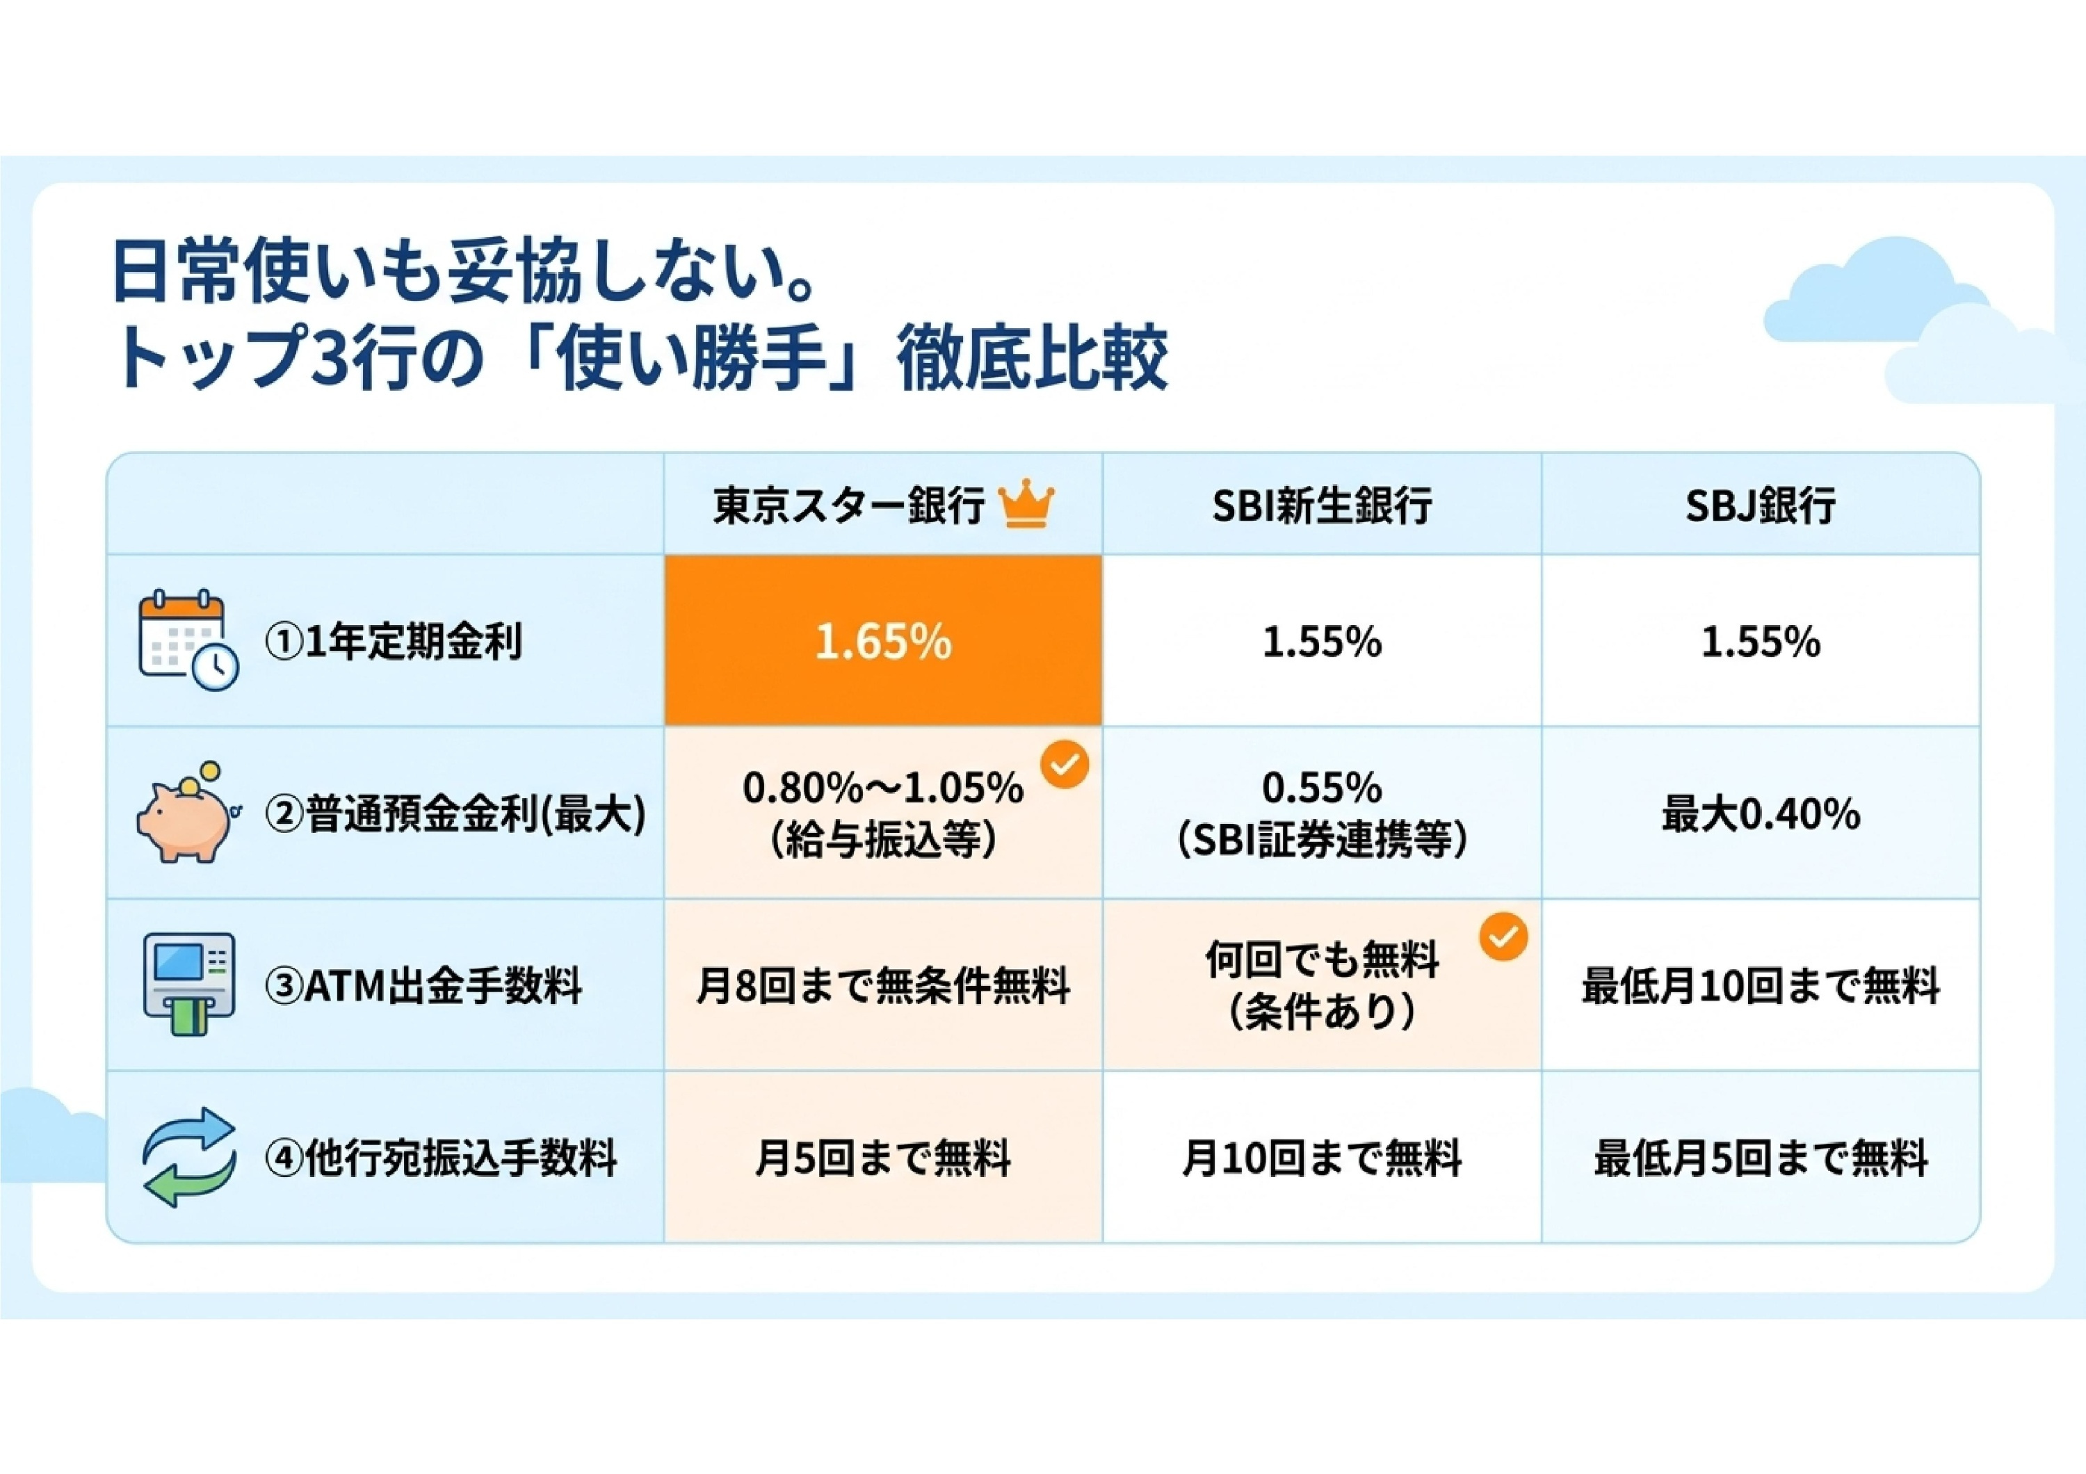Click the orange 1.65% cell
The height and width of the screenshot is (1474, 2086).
(883, 640)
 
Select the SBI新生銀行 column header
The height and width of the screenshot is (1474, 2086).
(1322, 505)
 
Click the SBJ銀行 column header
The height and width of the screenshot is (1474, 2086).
(1760, 505)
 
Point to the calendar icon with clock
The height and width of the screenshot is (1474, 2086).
(188, 640)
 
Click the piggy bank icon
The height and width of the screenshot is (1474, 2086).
(186, 812)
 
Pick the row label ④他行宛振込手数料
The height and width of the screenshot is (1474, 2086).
(441, 1159)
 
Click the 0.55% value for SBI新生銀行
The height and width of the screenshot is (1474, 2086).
(1322, 787)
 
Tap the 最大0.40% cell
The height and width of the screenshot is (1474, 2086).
(1761, 813)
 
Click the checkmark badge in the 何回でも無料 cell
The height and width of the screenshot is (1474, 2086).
(1503, 937)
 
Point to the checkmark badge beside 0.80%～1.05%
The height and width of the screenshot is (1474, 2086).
(1064, 765)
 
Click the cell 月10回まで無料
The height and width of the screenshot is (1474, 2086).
(1322, 1159)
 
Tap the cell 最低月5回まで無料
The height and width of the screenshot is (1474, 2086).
(1761, 1159)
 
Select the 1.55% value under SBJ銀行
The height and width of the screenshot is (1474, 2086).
(1761, 642)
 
